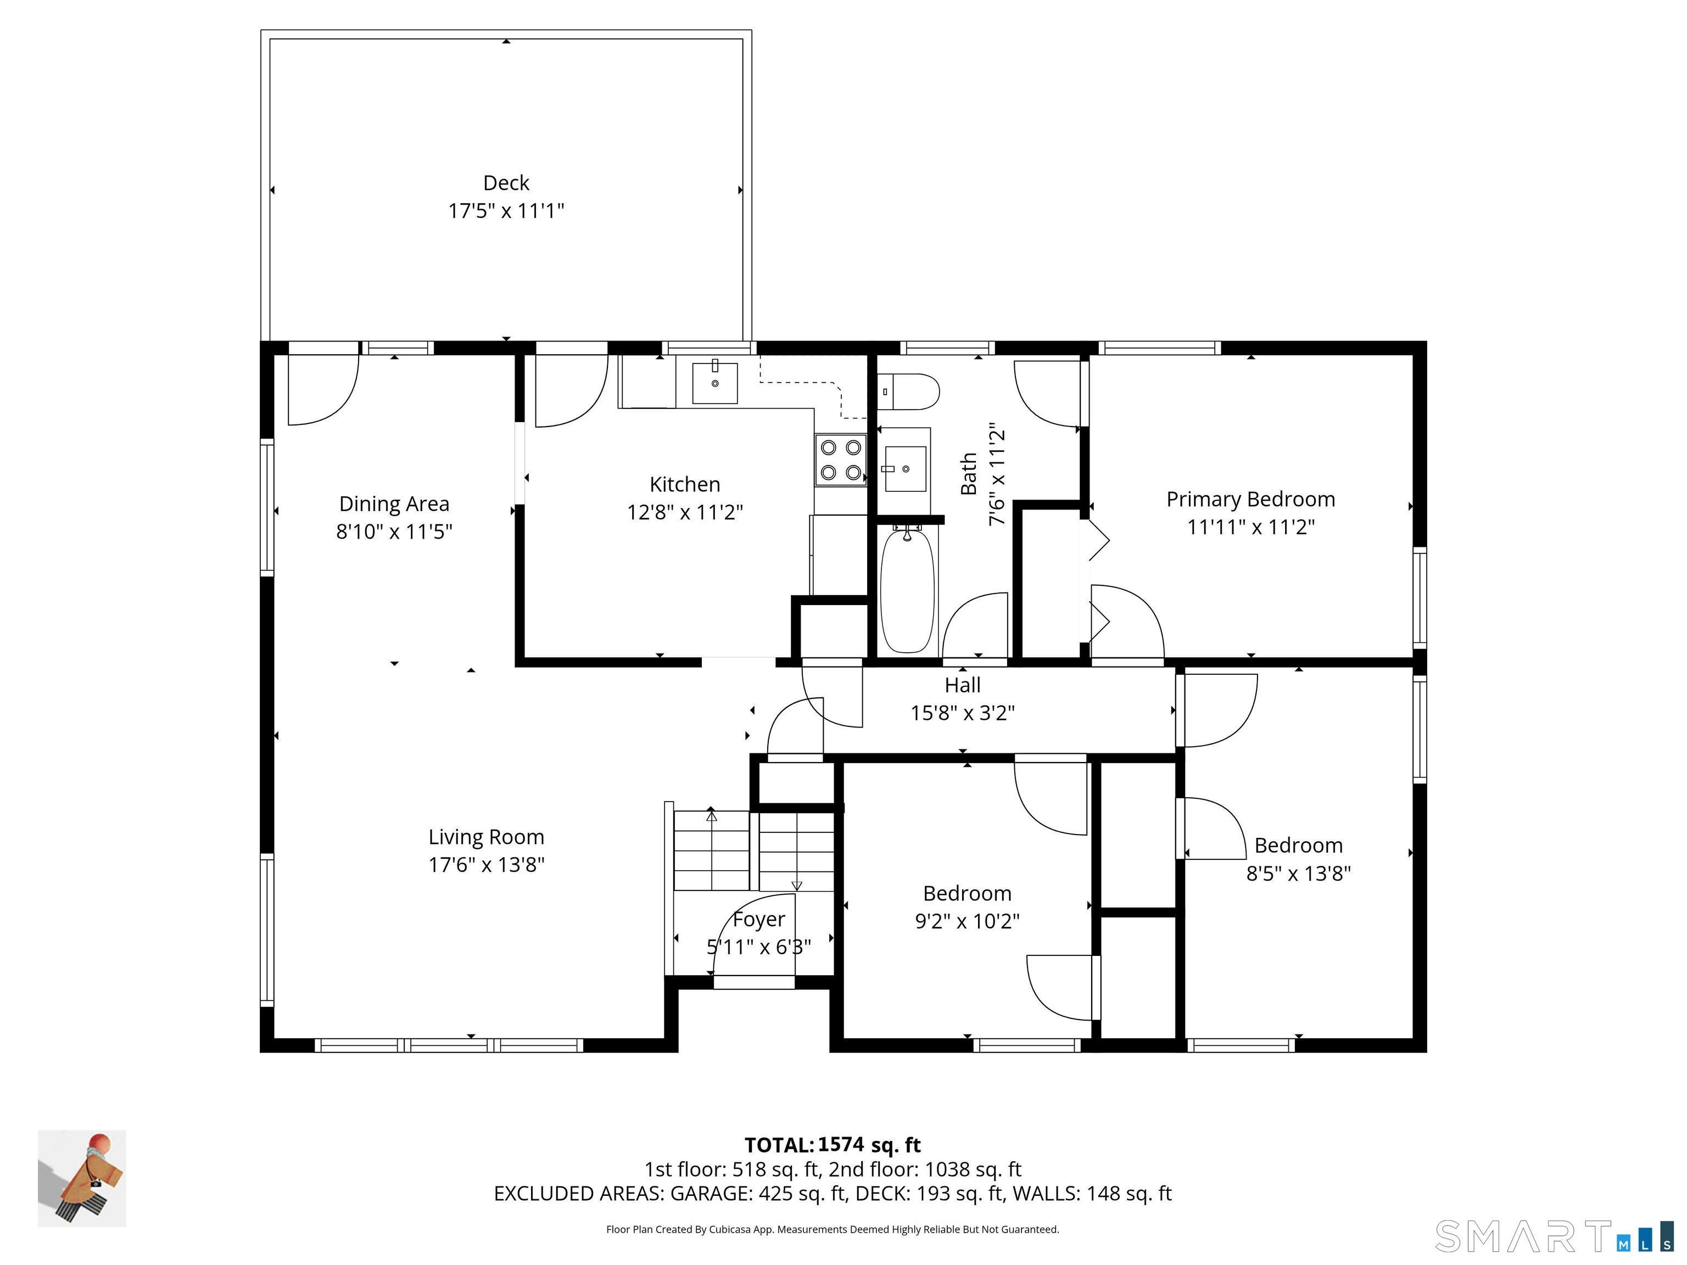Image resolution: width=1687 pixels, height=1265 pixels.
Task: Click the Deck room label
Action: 506,183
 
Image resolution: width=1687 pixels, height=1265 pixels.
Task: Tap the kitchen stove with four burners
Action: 840,460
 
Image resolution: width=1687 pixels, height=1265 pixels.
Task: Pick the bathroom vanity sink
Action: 905,469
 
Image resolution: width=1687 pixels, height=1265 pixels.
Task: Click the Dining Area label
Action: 394,504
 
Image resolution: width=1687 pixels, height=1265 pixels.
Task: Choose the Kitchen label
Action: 685,484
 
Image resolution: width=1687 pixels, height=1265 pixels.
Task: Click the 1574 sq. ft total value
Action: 869,1145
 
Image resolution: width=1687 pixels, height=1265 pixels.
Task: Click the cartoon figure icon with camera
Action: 82,1178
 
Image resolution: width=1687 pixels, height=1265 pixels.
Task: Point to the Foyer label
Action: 759,920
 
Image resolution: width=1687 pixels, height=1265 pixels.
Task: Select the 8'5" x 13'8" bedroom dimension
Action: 1299,873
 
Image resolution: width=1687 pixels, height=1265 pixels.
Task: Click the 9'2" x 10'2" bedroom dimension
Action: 967,921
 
